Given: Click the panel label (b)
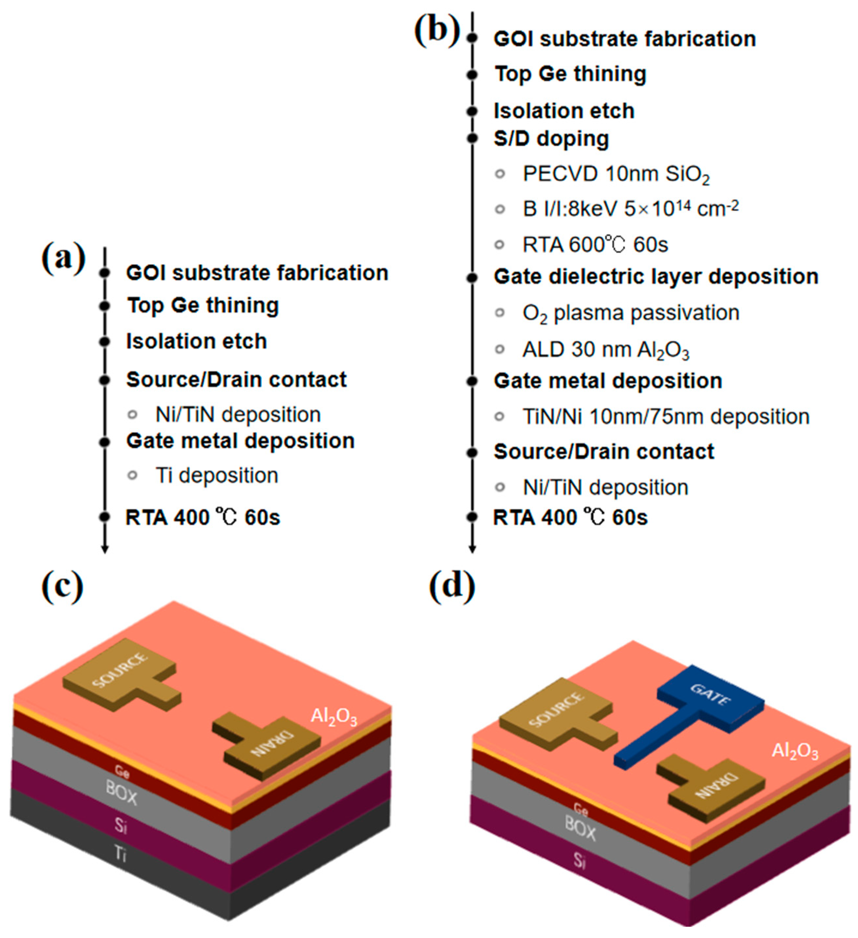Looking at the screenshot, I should pyautogui.click(x=436, y=31).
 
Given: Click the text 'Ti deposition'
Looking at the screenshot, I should pyautogui.click(x=216, y=476).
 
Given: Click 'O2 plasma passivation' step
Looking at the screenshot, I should pyautogui.click(x=631, y=313).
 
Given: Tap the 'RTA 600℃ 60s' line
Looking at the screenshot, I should pyautogui.click(x=595, y=245).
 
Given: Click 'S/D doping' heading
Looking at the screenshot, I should pyautogui.click(x=551, y=139).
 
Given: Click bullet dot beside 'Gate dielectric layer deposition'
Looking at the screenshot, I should pyautogui.click(x=472, y=278).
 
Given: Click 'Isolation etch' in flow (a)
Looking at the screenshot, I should pyautogui.click(x=196, y=342).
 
